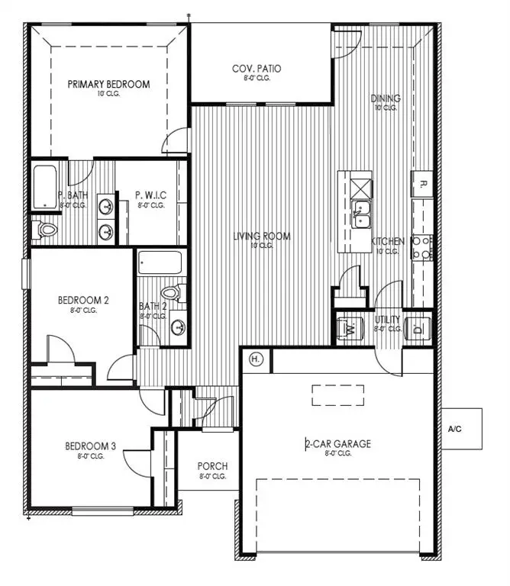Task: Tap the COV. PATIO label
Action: point(257,69)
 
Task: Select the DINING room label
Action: point(385,98)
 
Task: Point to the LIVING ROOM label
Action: point(262,237)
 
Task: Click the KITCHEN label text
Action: point(388,241)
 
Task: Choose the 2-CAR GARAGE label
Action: point(339,443)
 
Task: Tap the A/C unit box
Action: point(462,428)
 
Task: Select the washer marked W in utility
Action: point(349,329)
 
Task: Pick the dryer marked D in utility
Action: point(418,329)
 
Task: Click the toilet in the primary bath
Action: point(47,229)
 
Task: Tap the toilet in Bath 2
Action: point(170,291)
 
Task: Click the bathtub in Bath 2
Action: point(160,262)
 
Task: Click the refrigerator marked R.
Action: point(422,183)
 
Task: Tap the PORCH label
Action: point(211,466)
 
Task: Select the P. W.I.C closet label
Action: point(151,195)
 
